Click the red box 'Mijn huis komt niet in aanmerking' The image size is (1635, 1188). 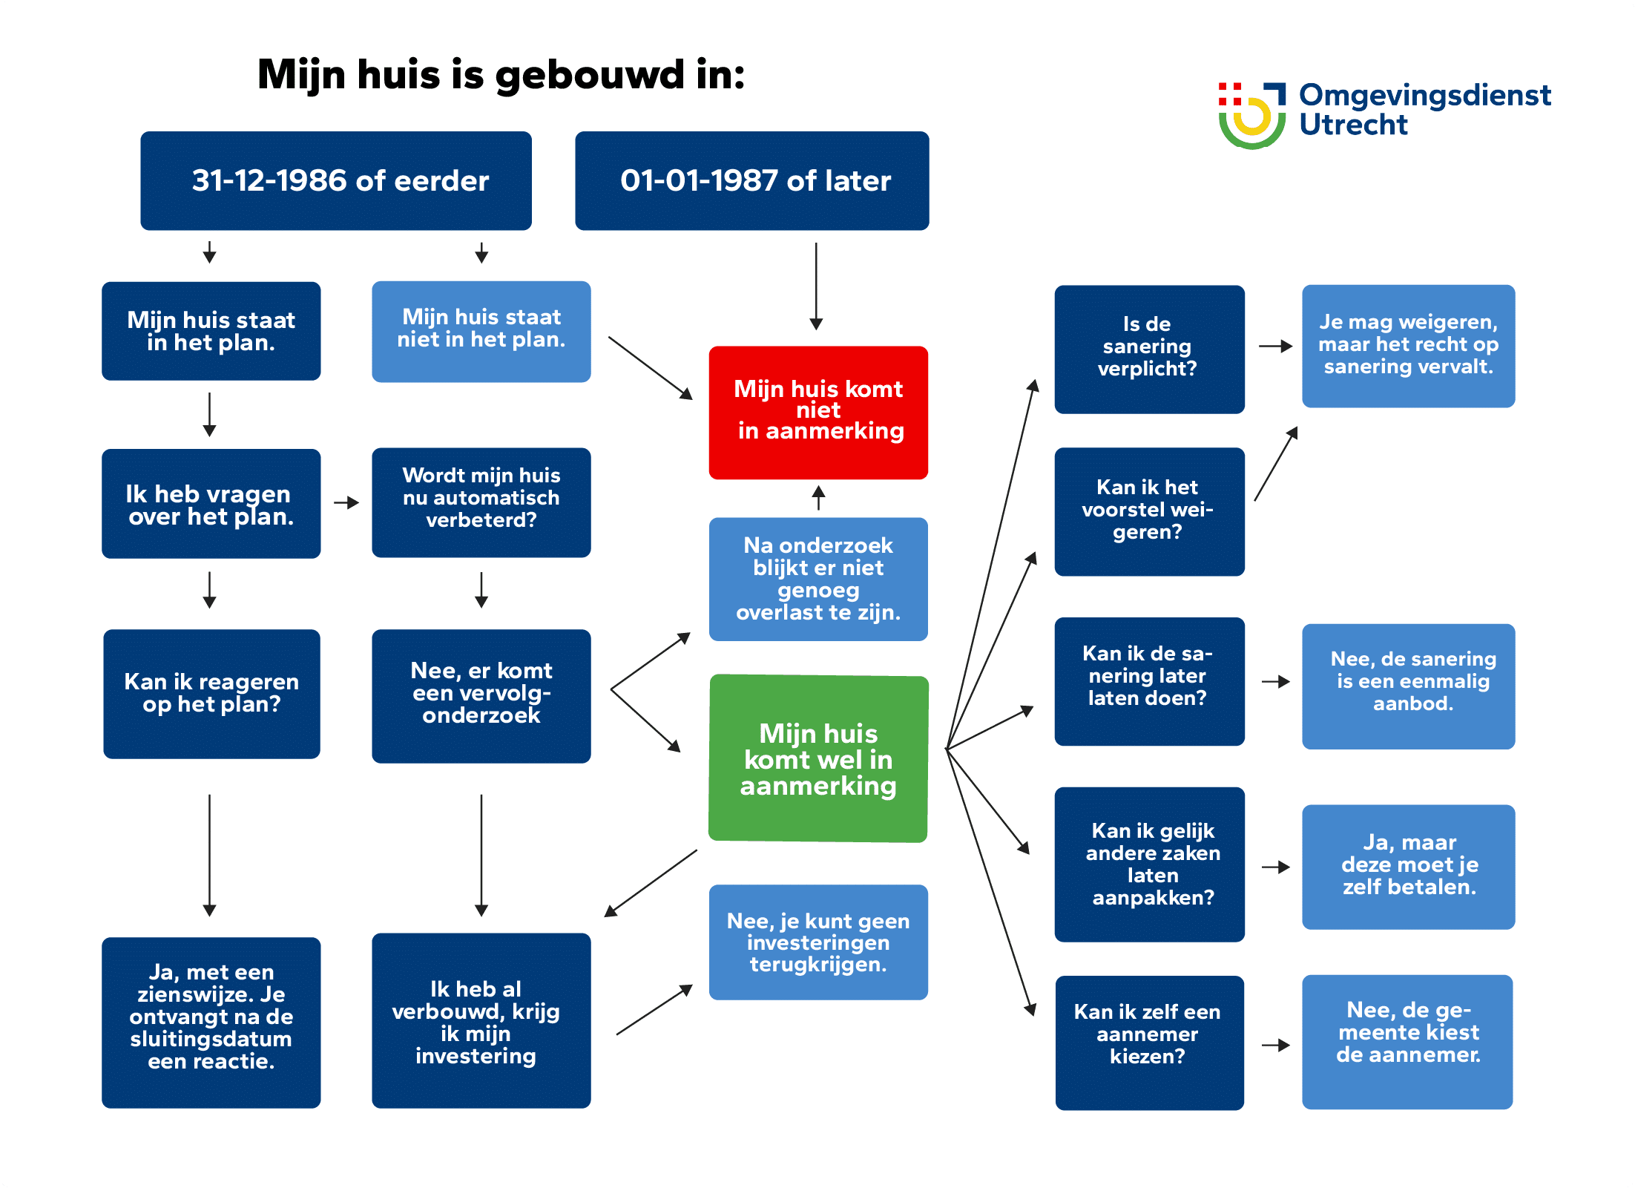coord(818,412)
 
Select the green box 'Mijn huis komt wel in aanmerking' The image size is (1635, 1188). coord(818,758)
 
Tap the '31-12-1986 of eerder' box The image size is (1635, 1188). coord(336,181)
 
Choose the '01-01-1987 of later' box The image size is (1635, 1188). coord(751,181)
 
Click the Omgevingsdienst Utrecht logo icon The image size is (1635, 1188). coord(1251,115)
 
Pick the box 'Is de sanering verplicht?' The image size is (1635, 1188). coord(1149,349)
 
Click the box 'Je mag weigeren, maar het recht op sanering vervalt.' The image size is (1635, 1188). coord(1408,346)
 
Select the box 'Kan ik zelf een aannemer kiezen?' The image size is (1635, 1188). coord(1149,1042)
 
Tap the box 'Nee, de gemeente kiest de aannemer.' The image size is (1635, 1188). coord(1407,1041)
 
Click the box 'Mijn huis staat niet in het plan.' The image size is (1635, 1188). coord(481,331)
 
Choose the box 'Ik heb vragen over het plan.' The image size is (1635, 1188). coord(211,503)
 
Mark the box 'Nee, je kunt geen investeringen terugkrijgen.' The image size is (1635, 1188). coord(818,942)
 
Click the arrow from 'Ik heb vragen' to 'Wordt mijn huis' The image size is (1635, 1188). coord(346,503)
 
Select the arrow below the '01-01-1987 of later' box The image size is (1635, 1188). coord(816,286)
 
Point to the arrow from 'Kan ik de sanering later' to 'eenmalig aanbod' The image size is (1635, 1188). coord(1276,681)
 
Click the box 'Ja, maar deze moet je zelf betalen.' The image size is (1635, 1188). coord(1408,866)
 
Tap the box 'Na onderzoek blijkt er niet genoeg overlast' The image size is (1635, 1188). coord(818,579)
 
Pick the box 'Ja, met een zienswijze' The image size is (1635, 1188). coord(211,1022)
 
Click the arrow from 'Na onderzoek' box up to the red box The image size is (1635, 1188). coord(818,497)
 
